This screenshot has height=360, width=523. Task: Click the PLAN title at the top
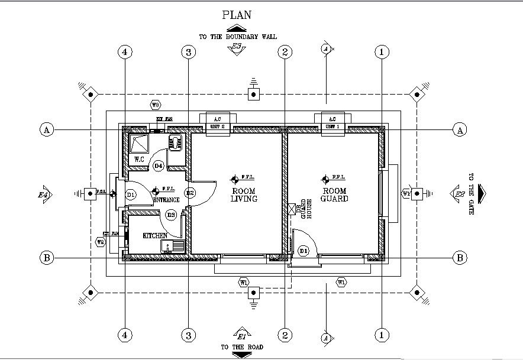point(237,15)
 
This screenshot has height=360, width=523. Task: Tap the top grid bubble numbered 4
point(124,52)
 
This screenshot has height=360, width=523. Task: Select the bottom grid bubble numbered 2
point(285,335)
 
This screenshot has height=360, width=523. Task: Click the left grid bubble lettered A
point(46,129)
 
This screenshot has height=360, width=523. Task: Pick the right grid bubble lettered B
point(460,258)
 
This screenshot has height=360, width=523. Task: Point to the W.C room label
point(140,159)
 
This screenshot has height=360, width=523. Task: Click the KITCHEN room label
point(155,235)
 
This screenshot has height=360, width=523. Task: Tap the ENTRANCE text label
point(166,200)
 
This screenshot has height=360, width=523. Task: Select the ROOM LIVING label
point(244,195)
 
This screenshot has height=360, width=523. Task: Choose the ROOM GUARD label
point(335,194)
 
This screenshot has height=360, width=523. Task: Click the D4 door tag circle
point(158,166)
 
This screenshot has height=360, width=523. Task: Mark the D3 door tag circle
point(171,215)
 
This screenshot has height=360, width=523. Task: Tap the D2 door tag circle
point(190,193)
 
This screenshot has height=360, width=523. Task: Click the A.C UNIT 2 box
point(217,124)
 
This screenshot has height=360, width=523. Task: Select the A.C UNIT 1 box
point(332,124)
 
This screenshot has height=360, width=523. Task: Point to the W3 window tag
point(155,105)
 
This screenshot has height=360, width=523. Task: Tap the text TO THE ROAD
point(242,347)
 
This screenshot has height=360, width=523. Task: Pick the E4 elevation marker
point(44,194)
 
